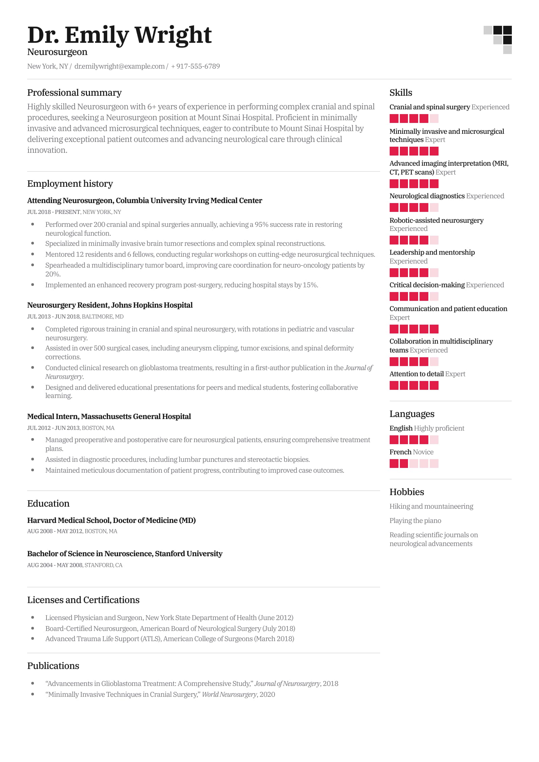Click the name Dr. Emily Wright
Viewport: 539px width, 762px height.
tap(119, 35)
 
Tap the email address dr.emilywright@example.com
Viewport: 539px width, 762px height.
tap(119, 66)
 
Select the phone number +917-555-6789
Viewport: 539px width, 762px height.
tap(196, 66)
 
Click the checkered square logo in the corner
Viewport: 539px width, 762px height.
tap(498, 40)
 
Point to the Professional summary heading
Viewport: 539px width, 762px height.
tap(74, 93)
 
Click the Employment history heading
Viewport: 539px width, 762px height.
tap(70, 184)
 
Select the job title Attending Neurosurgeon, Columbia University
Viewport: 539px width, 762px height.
tap(145, 201)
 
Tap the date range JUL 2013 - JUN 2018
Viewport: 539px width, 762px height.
tap(53, 316)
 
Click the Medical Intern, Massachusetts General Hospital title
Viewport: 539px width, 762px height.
tap(109, 417)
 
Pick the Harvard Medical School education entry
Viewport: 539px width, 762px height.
tap(111, 520)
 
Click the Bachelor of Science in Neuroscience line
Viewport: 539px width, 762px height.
tap(125, 554)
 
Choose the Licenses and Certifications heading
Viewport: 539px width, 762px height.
tap(83, 600)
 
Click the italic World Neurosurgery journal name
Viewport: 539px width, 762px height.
tap(229, 694)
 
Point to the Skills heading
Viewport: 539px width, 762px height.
tap(401, 93)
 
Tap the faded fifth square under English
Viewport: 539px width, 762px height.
tap(434, 440)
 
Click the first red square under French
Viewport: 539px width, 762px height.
tap(394, 464)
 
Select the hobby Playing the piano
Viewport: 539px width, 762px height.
tap(415, 521)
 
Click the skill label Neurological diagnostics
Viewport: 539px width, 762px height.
tap(427, 196)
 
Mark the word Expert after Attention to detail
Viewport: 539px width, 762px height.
tap(455, 374)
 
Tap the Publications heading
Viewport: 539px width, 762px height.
tap(53, 666)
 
